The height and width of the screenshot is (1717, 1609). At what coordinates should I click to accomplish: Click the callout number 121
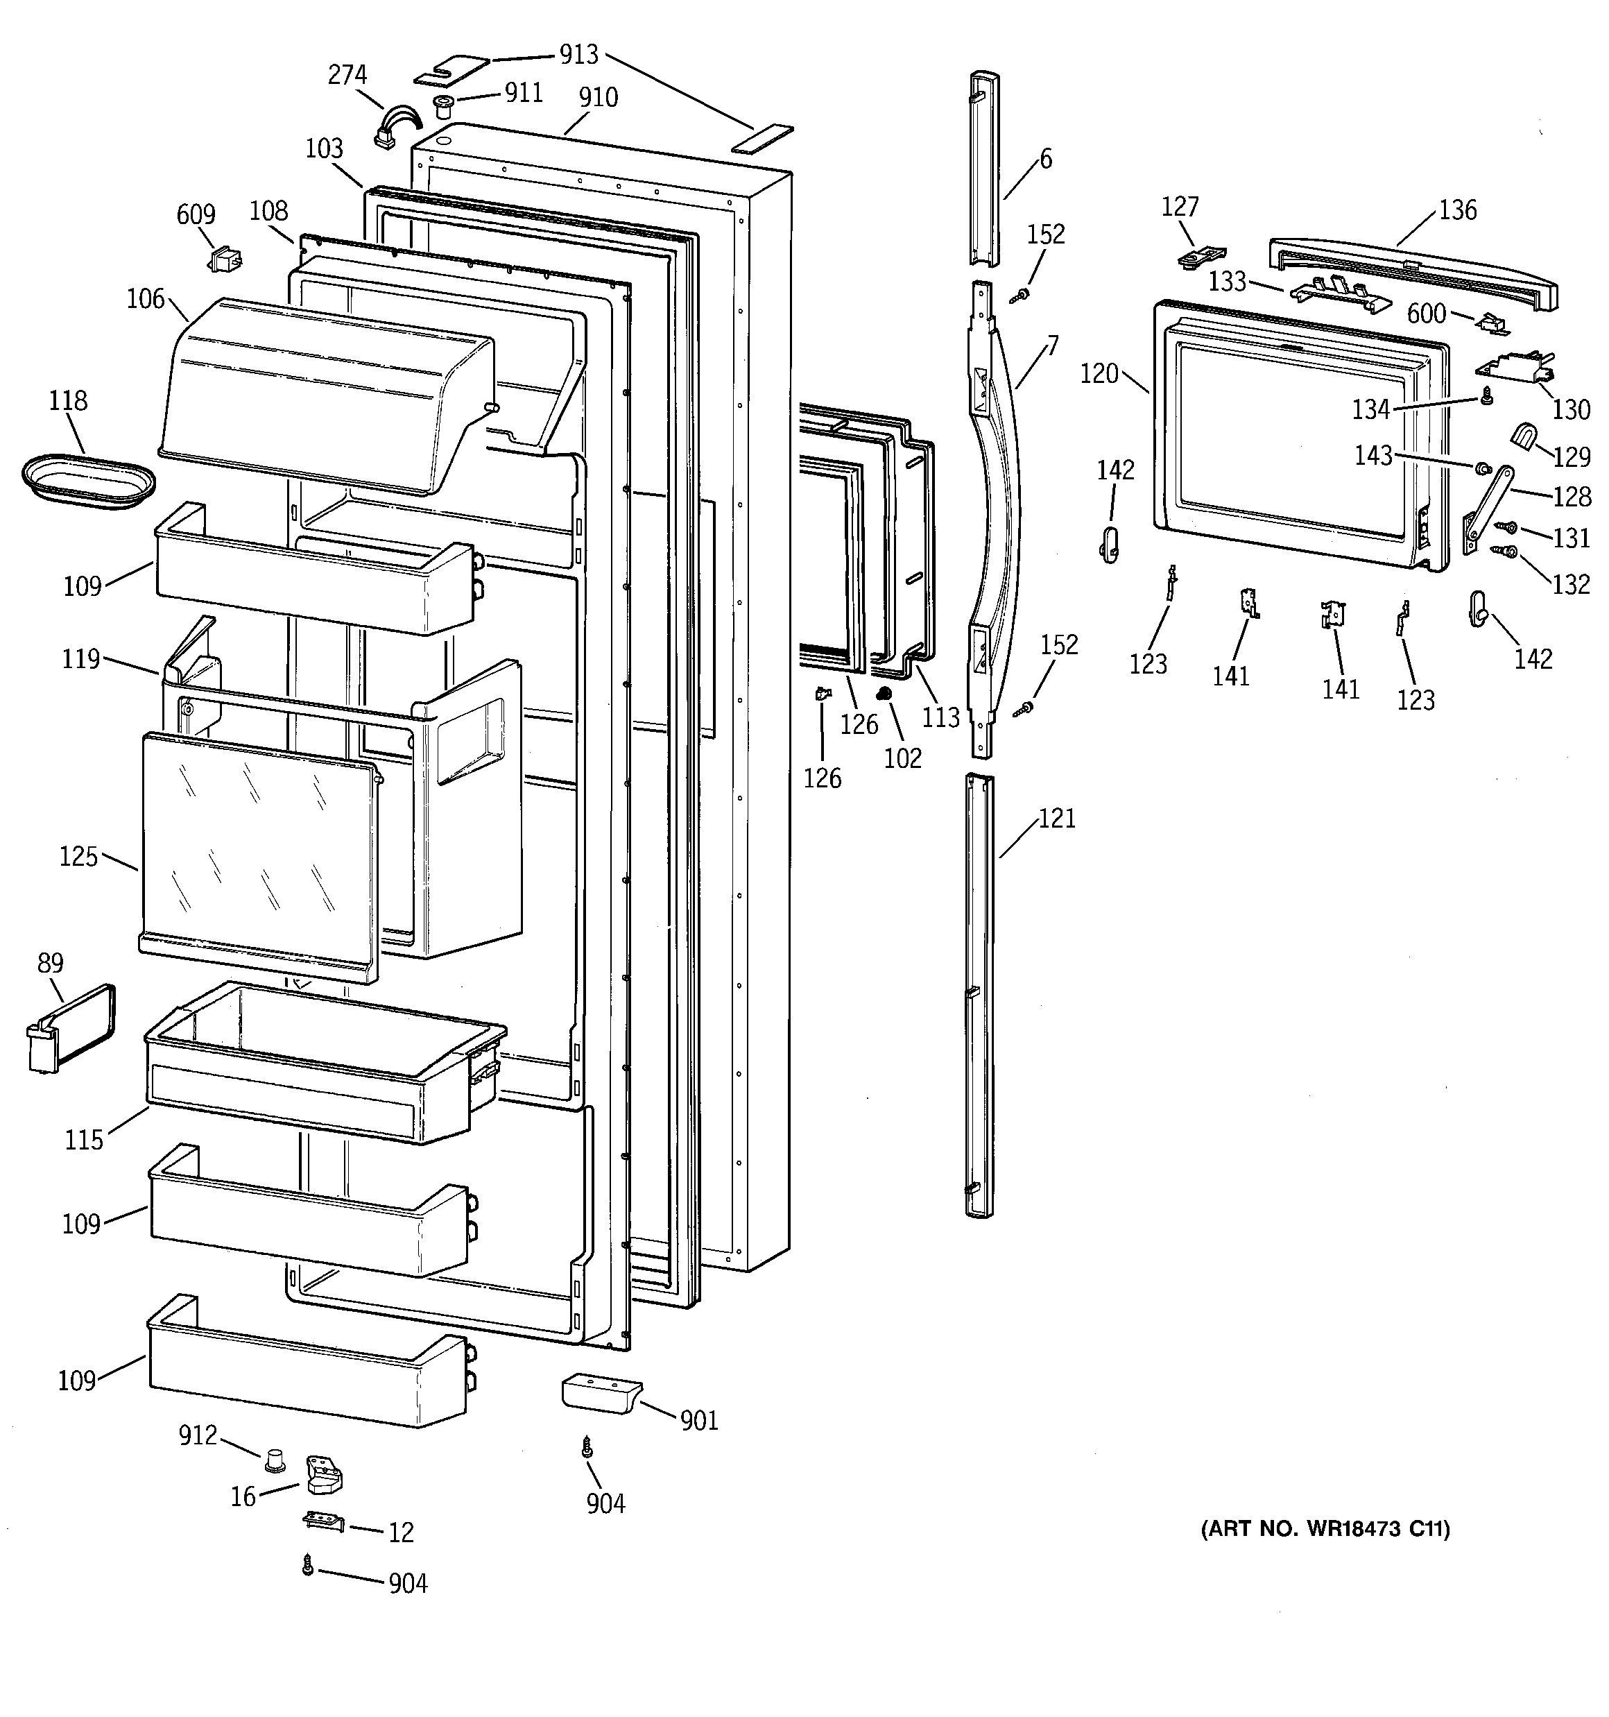pos(1056,818)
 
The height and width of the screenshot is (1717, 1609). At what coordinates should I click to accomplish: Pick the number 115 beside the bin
pos(84,1140)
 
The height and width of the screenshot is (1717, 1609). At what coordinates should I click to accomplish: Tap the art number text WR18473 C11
pos(1326,1529)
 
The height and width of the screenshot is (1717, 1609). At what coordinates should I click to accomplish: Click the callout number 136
pos(1458,210)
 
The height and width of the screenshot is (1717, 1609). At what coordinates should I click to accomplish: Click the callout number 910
pos(599,98)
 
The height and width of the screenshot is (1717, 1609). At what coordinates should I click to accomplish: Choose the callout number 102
pos(902,758)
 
